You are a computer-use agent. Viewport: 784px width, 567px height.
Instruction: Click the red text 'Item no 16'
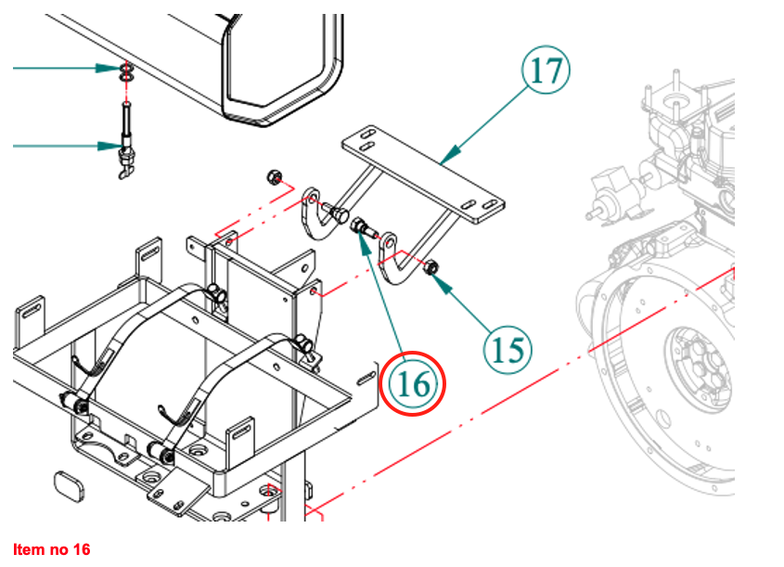(52, 550)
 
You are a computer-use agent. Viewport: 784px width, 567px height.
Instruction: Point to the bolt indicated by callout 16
(363, 226)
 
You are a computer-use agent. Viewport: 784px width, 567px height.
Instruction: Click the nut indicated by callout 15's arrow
(431, 268)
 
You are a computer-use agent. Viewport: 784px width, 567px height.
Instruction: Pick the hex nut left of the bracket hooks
(274, 176)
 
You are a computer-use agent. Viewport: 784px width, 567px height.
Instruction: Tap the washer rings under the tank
(125, 73)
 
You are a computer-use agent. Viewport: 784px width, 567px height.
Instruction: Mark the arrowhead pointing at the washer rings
(107, 68)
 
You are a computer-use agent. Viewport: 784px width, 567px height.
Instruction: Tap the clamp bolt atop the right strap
(302, 343)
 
